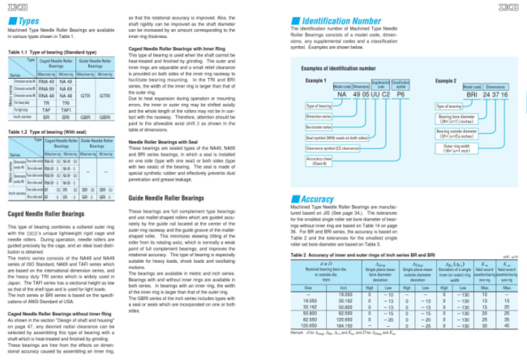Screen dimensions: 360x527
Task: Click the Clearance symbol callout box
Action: coord(333,148)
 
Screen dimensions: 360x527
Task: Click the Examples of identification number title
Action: coord(338,70)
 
